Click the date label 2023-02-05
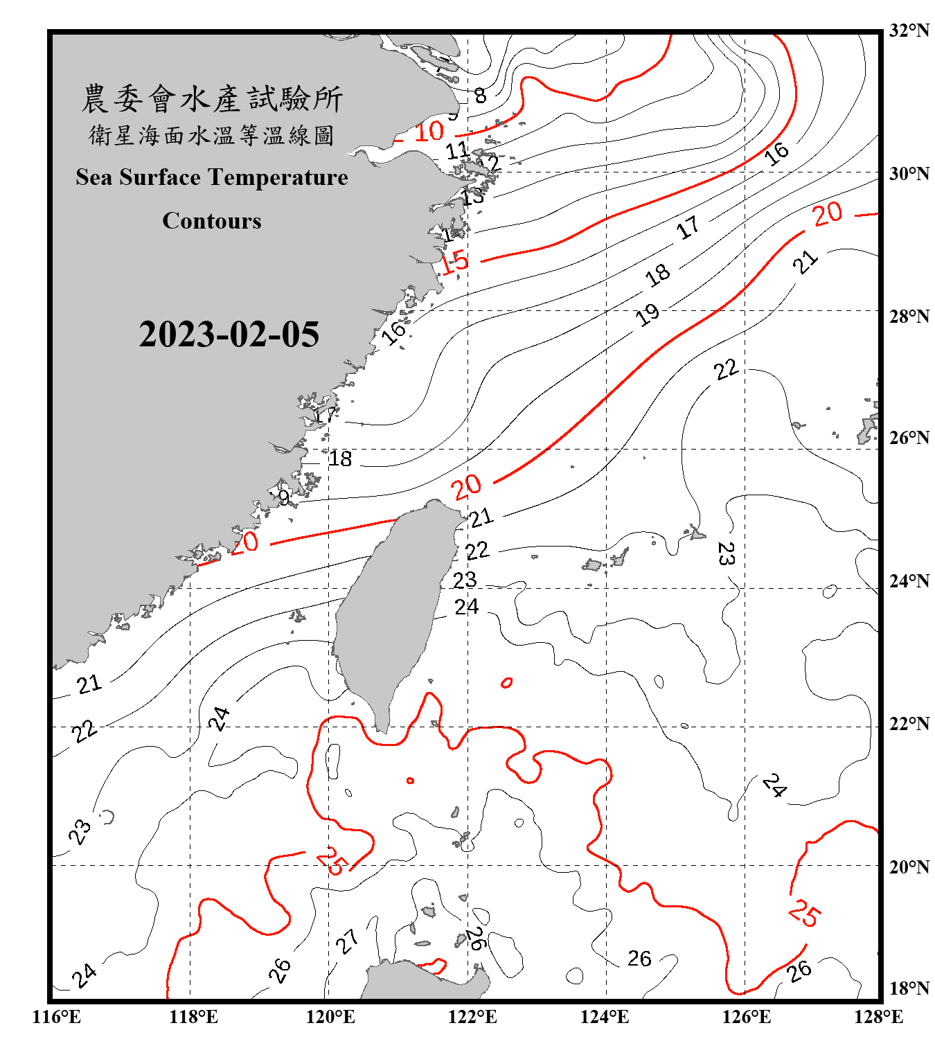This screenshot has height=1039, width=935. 229,335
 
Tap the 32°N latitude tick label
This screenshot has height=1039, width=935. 909,30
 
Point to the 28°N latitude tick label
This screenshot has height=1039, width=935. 909,317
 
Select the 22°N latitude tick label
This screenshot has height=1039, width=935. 909,725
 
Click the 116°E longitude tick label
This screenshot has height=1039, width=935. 57,1017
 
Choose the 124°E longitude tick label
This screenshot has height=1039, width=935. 605,1017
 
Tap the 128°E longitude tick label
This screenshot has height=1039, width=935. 878,1017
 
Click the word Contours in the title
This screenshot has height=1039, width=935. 212,221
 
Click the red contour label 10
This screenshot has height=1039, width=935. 429,131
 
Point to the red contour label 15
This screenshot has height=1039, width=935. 454,262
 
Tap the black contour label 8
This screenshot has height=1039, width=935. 480,96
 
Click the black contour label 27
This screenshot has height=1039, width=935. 347,941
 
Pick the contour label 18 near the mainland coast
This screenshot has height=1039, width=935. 340,459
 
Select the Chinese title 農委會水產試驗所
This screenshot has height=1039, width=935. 212,99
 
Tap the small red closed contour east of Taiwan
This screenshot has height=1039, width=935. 507,683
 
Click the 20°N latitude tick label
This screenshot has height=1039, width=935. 909,867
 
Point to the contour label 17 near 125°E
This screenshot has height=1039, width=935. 688,227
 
